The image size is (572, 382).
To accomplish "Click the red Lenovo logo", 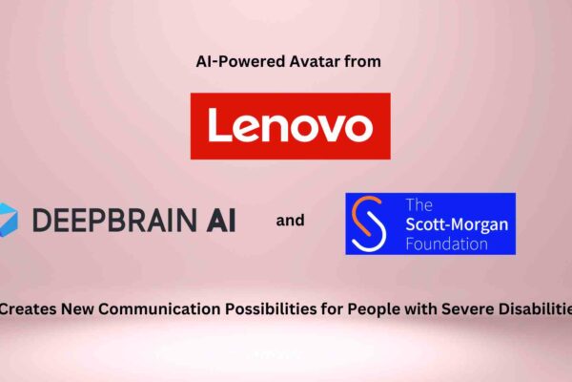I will (290, 125).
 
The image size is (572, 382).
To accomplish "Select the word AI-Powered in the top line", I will (227, 62).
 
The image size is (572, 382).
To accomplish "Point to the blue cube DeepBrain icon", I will (8, 219).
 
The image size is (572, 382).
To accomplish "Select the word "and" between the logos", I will (291, 221).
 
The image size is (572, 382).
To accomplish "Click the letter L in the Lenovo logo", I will (216, 125).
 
